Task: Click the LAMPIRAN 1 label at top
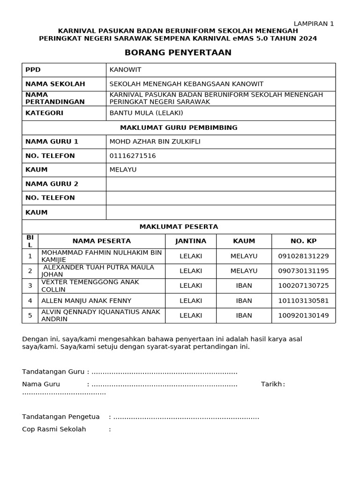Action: [314, 24]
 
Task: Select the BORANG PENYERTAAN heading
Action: [178, 52]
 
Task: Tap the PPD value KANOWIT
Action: [125, 70]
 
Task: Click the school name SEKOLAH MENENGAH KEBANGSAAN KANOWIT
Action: [186, 84]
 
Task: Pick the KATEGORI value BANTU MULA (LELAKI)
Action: [146, 113]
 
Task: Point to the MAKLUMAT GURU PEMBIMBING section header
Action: [179, 127]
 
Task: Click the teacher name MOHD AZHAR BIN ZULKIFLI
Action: [155, 142]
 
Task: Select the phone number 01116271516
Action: [133, 156]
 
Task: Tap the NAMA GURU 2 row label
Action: [52, 184]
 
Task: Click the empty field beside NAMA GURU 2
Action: [220, 184]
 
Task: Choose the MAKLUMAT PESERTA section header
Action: [179, 227]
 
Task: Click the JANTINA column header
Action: [190, 241]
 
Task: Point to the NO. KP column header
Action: [303, 241]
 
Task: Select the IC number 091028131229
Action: [303, 256]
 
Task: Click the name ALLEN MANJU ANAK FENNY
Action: [86, 300]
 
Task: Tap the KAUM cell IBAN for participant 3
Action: [244, 285]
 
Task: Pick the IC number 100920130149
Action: [303, 315]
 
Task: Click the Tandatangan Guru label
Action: [53, 372]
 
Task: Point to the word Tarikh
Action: [271, 384]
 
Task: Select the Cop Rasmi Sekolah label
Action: [54, 429]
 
